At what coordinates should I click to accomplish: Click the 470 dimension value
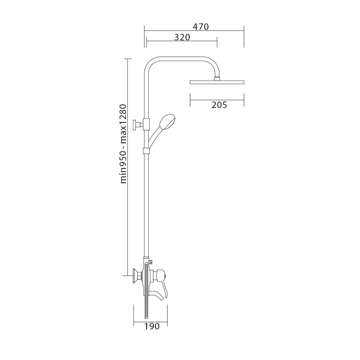pos(201,27)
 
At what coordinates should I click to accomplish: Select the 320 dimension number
pos(182,37)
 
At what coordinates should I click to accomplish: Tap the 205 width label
pos(219,105)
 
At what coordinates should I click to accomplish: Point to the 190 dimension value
pos(152,326)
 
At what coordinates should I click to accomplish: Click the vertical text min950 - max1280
pos(123,144)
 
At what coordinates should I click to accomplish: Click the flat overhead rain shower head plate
pos(217,82)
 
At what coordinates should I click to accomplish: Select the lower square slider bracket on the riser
pos(146,151)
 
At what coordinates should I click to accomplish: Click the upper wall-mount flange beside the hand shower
pos(137,125)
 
